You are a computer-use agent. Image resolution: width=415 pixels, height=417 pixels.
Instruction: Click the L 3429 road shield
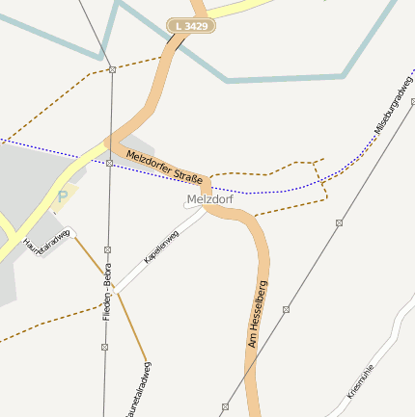(x=190, y=26)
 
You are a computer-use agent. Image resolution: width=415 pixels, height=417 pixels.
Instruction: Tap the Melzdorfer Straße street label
(x=163, y=165)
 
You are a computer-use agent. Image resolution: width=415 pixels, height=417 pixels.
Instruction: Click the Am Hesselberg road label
(x=256, y=313)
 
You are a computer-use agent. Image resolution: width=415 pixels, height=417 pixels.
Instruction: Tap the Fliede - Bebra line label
(x=108, y=292)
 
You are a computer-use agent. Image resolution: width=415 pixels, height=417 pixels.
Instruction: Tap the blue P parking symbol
(x=63, y=197)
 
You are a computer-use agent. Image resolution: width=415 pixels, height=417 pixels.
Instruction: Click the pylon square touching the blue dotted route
(x=110, y=164)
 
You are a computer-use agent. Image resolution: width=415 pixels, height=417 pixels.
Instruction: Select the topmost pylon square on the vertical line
(x=113, y=70)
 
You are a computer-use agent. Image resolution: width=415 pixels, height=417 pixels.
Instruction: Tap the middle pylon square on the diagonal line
(x=286, y=310)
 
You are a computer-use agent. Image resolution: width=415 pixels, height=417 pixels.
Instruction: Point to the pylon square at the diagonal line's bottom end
(x=225, y=407)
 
